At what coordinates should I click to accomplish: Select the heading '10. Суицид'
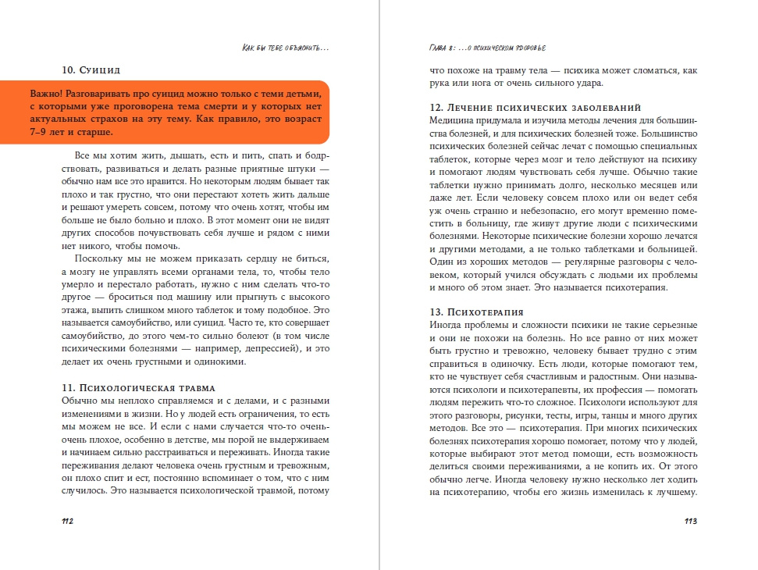(x=91, y=68)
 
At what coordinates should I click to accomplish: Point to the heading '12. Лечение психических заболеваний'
(x=535, y=106)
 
